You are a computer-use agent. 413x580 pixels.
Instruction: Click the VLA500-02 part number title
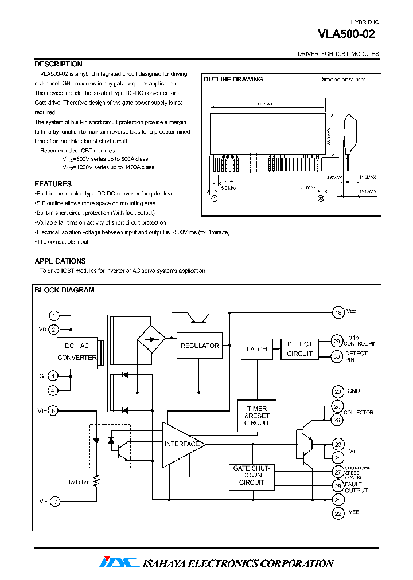point(346,34)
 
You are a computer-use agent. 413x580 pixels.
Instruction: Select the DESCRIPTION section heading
point(59,64)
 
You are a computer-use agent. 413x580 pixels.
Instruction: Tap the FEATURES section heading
point(53,184)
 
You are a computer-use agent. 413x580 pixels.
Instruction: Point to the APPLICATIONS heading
point(60,261)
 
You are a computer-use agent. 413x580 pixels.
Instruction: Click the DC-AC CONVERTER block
point(77,352)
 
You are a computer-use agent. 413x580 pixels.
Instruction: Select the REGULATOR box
point(199,346)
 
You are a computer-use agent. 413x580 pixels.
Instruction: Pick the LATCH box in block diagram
point(256,349)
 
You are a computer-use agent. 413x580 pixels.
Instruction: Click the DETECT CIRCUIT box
point(299,349)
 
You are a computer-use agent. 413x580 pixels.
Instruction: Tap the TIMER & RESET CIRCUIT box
point(256,416)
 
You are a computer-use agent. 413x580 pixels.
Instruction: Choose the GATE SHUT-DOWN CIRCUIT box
point(252,476)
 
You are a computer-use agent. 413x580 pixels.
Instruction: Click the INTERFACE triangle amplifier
point(181,444)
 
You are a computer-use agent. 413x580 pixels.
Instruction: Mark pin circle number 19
point(338,312)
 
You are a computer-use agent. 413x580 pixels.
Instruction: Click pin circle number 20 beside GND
point(338,391)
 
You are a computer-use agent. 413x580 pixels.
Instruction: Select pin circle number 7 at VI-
point(54,501)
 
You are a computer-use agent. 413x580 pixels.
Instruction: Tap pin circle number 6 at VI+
point(54,410)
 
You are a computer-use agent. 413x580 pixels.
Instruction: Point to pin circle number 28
point(338,486)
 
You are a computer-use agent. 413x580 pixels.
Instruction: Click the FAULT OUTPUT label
point(356,487)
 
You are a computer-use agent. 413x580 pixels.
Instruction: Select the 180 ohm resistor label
point(78,482)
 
